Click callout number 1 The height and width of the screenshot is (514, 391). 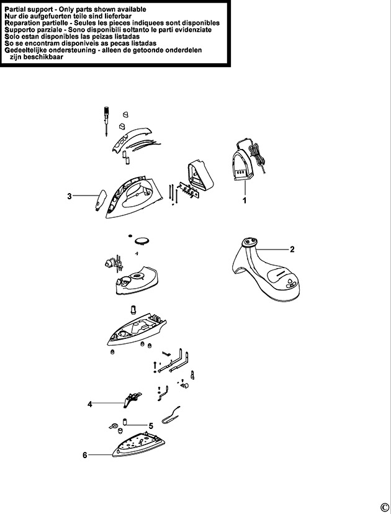tap(244, 200)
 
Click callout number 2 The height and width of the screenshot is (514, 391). tap(292, 250)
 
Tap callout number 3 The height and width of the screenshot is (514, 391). tap(69, 196)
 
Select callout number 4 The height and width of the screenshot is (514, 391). tap(90, 404)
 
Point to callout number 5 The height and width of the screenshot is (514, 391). tap(151, 426)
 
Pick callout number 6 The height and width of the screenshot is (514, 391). tap(85, 455)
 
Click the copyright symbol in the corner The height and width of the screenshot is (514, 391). tap(384, 507)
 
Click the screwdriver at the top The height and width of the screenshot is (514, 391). tap(106, 121)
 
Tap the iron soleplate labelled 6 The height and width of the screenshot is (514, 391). tap(138, 444)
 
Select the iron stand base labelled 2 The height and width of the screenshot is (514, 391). tap(266, 269)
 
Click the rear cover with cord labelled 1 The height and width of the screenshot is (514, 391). tap(248, 161)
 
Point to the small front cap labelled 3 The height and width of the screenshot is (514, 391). tap(101, 200)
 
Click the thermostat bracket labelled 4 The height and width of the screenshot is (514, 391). tap(132, 399)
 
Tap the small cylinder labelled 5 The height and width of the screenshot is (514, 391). tap(125, 421)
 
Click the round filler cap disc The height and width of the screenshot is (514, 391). tap(142, 241)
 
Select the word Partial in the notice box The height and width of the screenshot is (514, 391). tap(17, 9)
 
